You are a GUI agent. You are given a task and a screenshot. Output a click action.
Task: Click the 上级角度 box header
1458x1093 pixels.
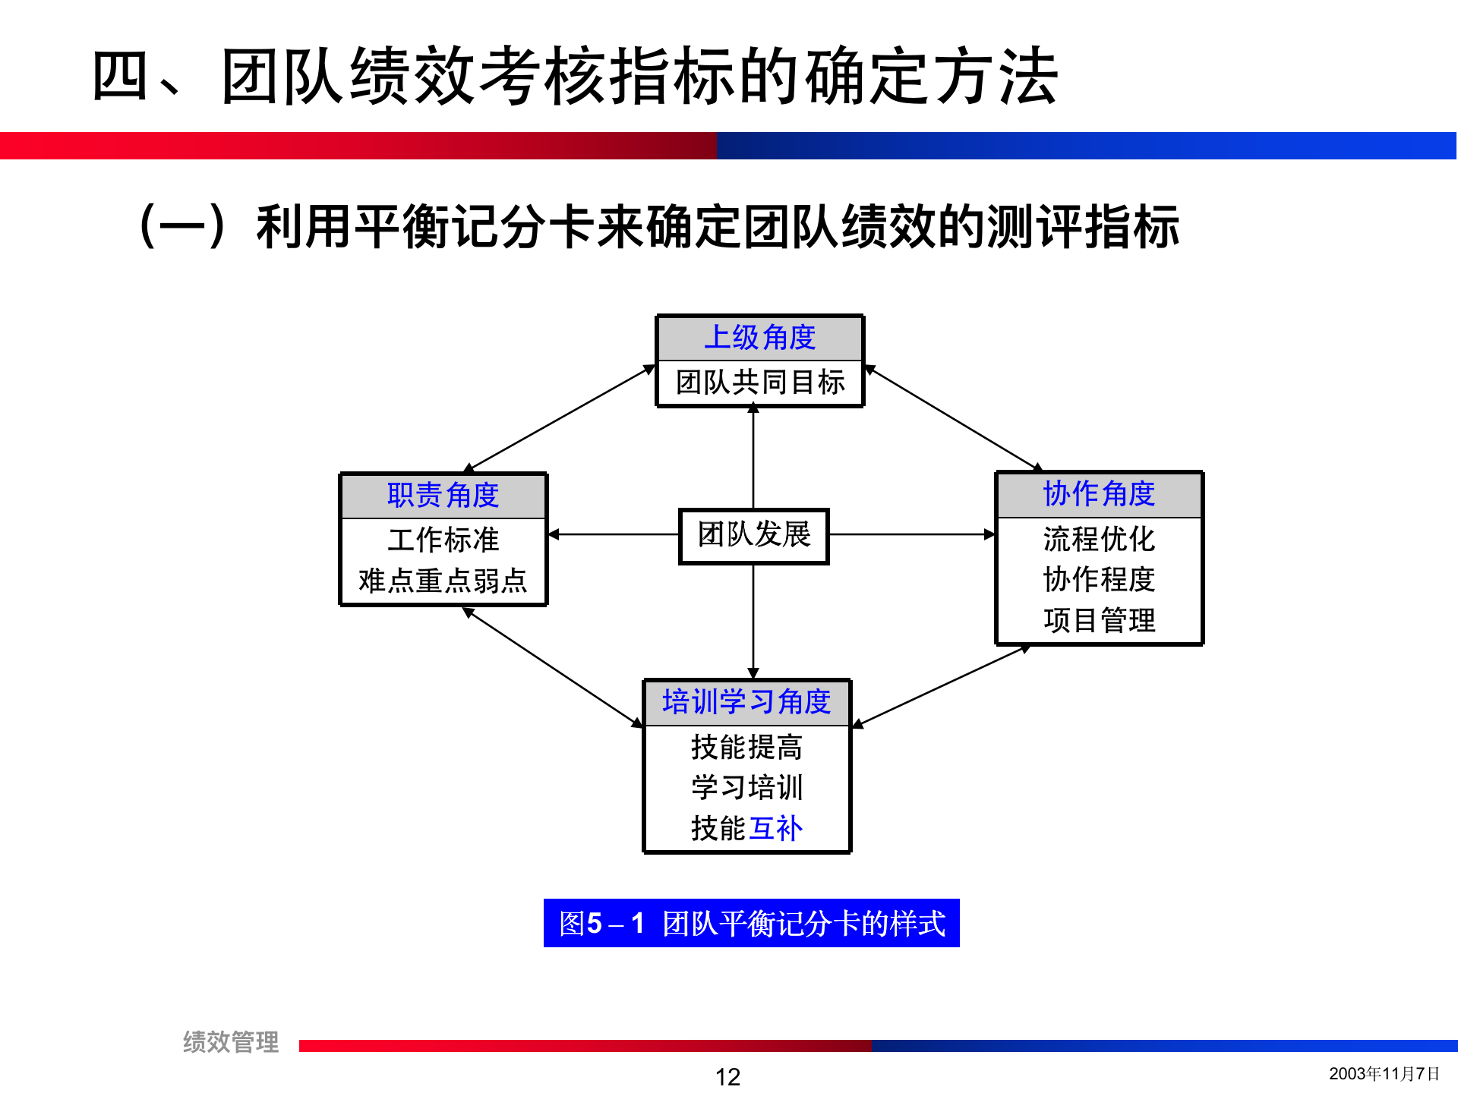pos(760,338)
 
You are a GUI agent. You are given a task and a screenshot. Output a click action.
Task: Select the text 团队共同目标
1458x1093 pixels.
pos(760,382)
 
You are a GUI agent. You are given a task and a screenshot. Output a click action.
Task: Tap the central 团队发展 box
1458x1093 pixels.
pos(753,535)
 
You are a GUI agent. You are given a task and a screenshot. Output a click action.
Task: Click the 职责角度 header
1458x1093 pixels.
pos(443,496)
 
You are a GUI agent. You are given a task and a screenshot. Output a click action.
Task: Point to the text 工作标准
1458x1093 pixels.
pos(443,540)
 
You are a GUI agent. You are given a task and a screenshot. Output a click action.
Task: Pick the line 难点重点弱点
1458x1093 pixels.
pos(443,581)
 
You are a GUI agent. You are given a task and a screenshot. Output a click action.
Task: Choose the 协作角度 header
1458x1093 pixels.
pos(1099,494)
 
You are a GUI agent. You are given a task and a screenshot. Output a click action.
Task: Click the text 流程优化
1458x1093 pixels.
pos(1099,539)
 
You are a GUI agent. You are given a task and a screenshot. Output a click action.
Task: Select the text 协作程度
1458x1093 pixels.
pos(1099,579)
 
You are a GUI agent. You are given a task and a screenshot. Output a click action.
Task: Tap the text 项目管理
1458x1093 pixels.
pos(1099,620)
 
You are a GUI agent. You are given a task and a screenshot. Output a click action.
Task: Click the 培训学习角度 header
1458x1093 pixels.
pos(746,702)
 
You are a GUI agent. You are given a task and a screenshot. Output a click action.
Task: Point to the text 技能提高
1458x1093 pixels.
pos(746,747)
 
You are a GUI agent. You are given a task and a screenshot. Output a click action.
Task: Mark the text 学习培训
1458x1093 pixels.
pos(746,787)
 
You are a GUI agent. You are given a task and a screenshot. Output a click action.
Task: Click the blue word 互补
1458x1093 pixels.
pos(775,828)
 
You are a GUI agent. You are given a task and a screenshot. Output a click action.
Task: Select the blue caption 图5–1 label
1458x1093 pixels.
pos(751,923)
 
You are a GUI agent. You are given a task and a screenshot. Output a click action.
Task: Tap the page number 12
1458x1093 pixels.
pos(727,1076)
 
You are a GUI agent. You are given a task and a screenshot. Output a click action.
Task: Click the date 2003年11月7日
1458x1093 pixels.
pos(1384,1073)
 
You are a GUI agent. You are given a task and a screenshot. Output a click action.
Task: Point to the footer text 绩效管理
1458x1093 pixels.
pos(230,1041)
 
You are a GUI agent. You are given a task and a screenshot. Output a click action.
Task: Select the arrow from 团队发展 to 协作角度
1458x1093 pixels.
pos(911,534)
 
